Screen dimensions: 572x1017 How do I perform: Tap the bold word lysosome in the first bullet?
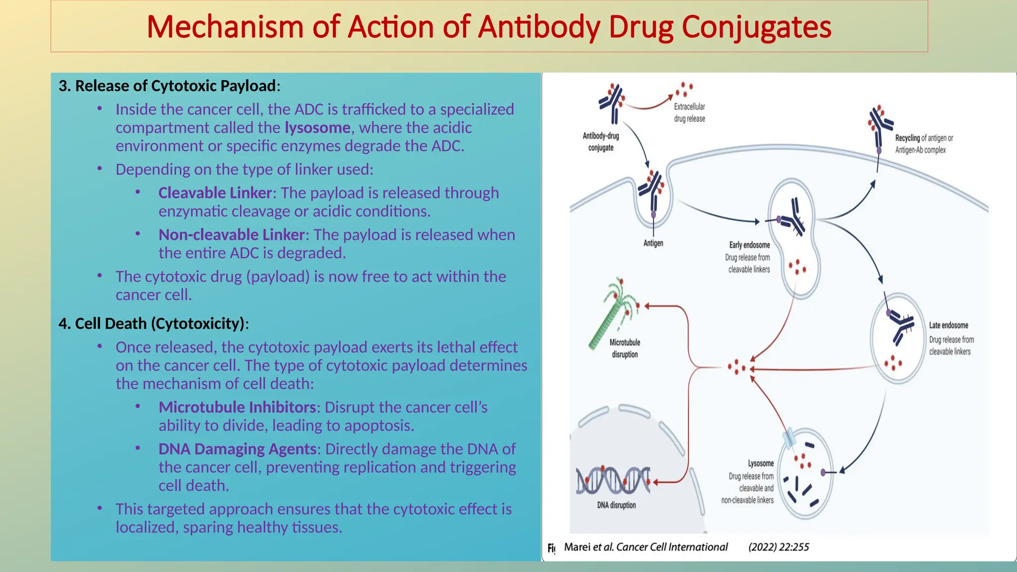point(317,128)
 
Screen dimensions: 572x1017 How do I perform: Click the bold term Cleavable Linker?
point(215,193)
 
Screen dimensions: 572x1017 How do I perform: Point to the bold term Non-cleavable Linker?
point(231,234)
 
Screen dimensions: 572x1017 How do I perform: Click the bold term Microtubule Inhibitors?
point(237,407)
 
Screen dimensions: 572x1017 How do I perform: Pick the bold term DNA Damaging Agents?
point(237,449)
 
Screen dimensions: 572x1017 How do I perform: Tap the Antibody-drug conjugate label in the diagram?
point(600,142)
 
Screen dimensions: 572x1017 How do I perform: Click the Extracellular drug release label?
point(689,113)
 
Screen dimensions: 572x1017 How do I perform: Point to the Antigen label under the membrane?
point(653,243)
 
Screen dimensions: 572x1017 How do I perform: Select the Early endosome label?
point(749,245)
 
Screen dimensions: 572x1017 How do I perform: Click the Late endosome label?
point(948,325)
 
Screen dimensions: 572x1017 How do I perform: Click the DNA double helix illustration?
point(613,480)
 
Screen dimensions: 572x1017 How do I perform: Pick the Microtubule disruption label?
point(625,348)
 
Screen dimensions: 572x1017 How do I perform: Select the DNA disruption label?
point(616,505)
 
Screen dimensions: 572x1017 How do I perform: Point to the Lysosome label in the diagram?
point(761,463)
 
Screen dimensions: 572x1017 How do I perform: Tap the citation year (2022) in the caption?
point(762,547)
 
